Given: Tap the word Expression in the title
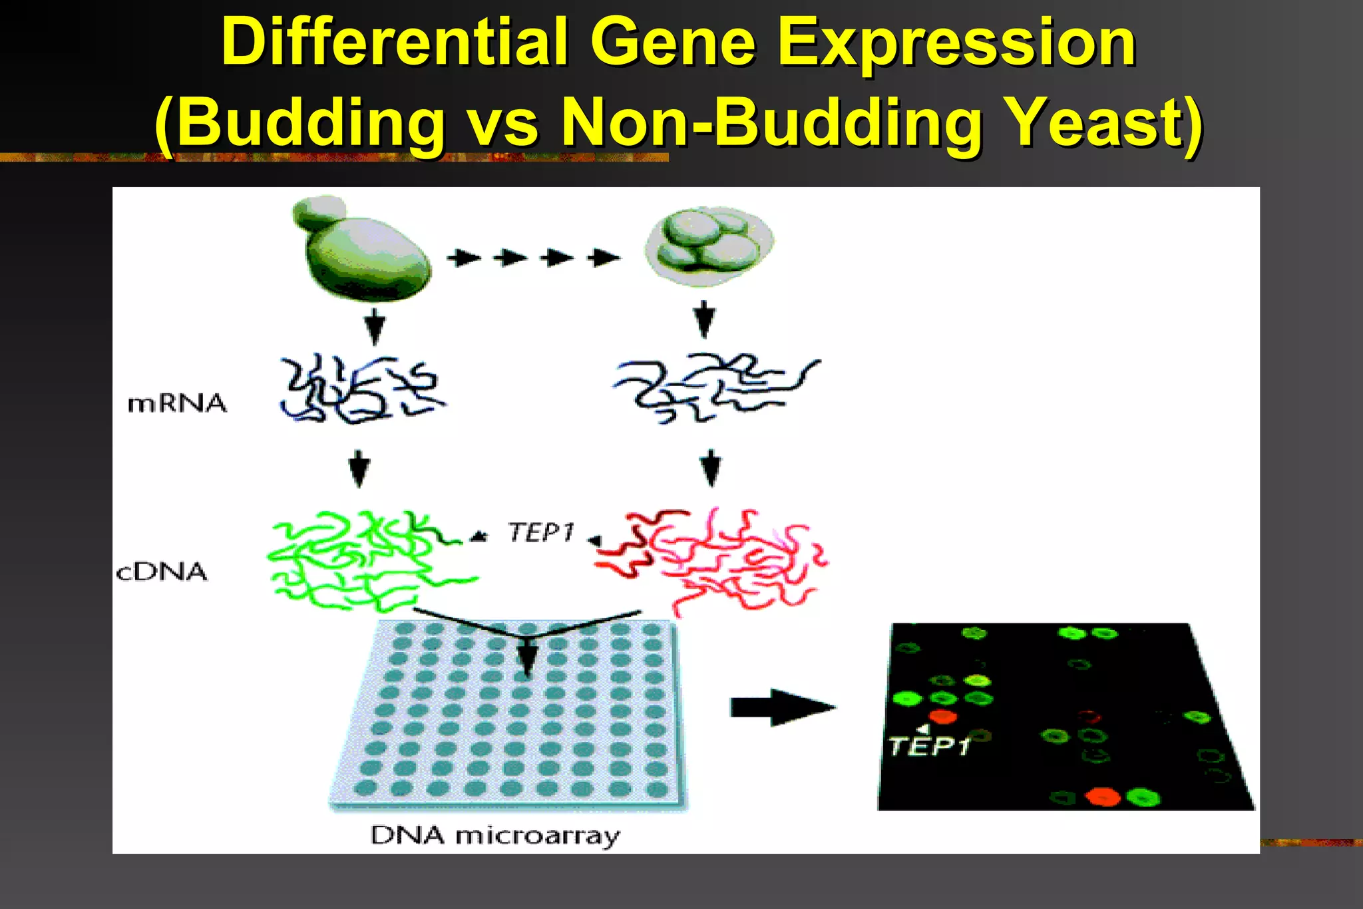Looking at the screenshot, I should tap(956, 43).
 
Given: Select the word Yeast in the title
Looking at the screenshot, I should tap(1103, 122).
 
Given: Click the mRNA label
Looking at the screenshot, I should tap(177, 403).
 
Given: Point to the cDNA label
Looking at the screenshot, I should tap(162, 572).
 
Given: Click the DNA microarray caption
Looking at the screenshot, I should tap(494, 835).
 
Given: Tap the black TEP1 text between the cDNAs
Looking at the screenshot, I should tap(540, 532).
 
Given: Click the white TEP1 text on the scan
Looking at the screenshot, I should tap(930, 746).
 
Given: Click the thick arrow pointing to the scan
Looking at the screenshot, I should tap(782, 707).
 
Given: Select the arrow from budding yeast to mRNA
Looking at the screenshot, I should tap(375, 325).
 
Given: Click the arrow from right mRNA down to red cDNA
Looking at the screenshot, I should tap(711, 468).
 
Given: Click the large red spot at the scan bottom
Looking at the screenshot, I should tap(1103, 797).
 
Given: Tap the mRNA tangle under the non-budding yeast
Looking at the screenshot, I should tap(715, 388).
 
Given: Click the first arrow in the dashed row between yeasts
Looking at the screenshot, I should tap(464, 258).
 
